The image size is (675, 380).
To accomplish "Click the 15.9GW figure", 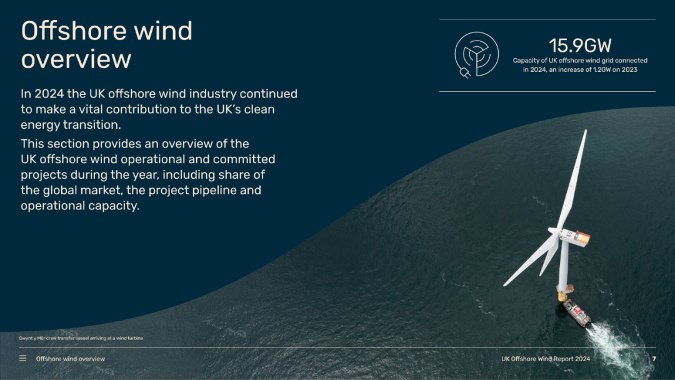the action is (580, 45).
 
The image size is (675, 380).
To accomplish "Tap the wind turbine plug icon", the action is (476, 55).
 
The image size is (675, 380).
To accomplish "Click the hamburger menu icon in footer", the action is (23, 358).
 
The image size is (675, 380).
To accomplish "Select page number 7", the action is (654, 359).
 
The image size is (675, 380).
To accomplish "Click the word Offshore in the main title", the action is (74, 31).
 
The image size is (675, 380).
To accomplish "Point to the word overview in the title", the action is (76, 59).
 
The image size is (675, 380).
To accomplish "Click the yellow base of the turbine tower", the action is (562, 296).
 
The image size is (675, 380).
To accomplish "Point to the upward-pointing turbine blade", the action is (573, 179).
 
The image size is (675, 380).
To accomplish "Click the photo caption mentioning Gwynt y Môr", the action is (81, 338).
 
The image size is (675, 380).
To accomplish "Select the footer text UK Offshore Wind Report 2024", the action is (546, 359).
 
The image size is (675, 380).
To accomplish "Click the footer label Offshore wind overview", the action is (71, 359).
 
